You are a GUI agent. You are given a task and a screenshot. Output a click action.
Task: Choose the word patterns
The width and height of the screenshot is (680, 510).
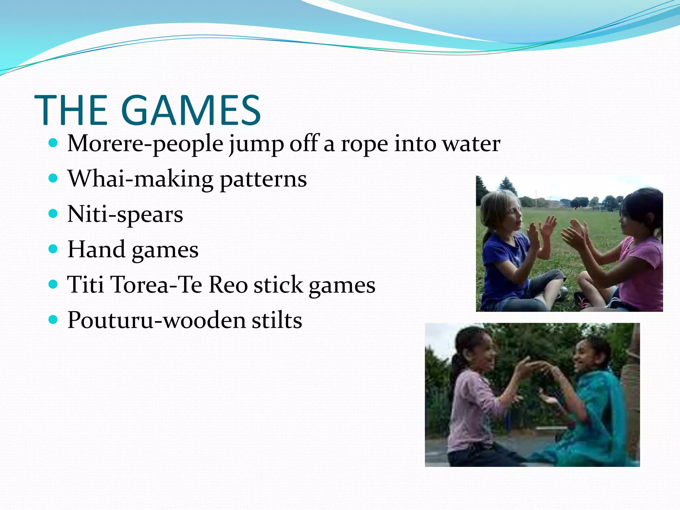click(x=263, y=180)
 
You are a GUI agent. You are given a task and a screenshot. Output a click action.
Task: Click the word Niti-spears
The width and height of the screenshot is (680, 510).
click(x=125, y=214)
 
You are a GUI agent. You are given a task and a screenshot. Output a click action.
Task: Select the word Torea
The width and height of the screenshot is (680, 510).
click(x=140, y=285)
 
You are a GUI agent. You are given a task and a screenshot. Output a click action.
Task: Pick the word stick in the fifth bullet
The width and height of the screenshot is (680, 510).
click(x=278, y=285)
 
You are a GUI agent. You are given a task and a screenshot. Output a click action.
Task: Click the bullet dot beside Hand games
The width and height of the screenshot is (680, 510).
click(x=53, y=249)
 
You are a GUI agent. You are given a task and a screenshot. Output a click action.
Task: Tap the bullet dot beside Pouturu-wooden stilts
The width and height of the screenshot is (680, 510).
click(x=53, y=319)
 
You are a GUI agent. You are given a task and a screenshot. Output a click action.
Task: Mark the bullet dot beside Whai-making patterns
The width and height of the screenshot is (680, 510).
click(x=53, y=178)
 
